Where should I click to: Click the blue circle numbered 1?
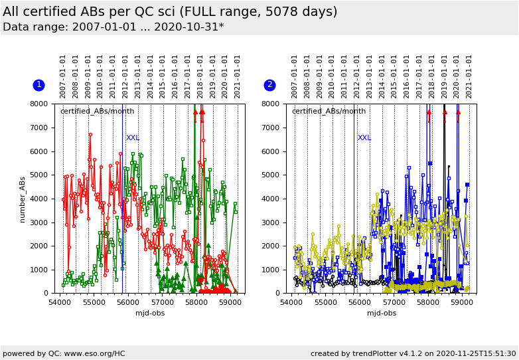point(38,85)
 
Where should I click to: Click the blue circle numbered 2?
point(269,85)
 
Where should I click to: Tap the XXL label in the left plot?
point(133,138)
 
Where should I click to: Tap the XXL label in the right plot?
point(364,138)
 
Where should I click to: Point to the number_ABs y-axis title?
point(22,199)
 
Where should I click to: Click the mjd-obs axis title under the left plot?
point(150,314)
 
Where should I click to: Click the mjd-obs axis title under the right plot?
point(382,314)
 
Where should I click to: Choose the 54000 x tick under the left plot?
point(60,302)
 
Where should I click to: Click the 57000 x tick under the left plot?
point(162,302)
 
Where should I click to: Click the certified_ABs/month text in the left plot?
point(97,112)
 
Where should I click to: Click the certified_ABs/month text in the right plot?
point(329,112)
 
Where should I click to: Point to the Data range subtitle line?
point(113,27)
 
